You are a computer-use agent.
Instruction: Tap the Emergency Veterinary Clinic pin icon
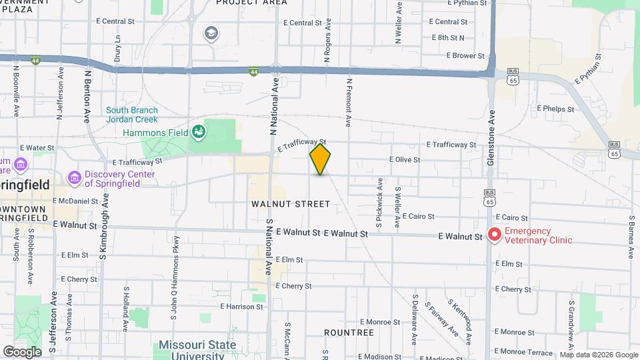pyautogui.click(x=495, y=235)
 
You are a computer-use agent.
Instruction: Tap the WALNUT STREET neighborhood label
pyautogui.click(x=291, y=204)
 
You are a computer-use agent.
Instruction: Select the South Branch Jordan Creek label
pyautogui.click(x=132, y=115)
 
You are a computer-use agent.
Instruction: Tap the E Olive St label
pyautogui.click(x=405, y=160)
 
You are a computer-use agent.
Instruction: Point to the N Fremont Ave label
pyautogui.click(x=349, y=101)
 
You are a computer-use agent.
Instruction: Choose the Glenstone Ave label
pyautogui.click(x=492, y=134)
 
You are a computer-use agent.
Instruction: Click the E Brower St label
pyautogui.click(x=465, y=56)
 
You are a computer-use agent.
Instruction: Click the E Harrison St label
pyautogui.click(x=241, y=307)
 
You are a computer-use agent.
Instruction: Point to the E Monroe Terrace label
pyautogui.click(x=526, y=351)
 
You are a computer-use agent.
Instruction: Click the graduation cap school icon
pyautogui.click(x=211, y=33)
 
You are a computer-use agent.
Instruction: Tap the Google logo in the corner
pyautogui.click(x=22, y=351)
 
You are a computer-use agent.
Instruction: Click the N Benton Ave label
pyautogui.click(x=87, y=94)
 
